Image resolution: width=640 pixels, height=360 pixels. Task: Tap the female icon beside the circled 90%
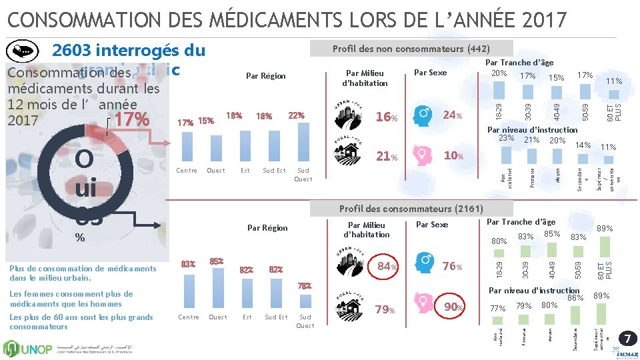click(x=423, y=307)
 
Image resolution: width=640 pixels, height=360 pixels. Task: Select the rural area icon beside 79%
click(x=349, y=308)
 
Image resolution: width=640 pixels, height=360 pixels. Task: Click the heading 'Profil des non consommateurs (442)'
click(x=411, y=49)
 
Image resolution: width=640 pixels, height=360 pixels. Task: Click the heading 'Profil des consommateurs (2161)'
click(x=411, y=209)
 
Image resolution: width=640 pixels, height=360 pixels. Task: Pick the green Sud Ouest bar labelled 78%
click(x=305, y=300)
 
